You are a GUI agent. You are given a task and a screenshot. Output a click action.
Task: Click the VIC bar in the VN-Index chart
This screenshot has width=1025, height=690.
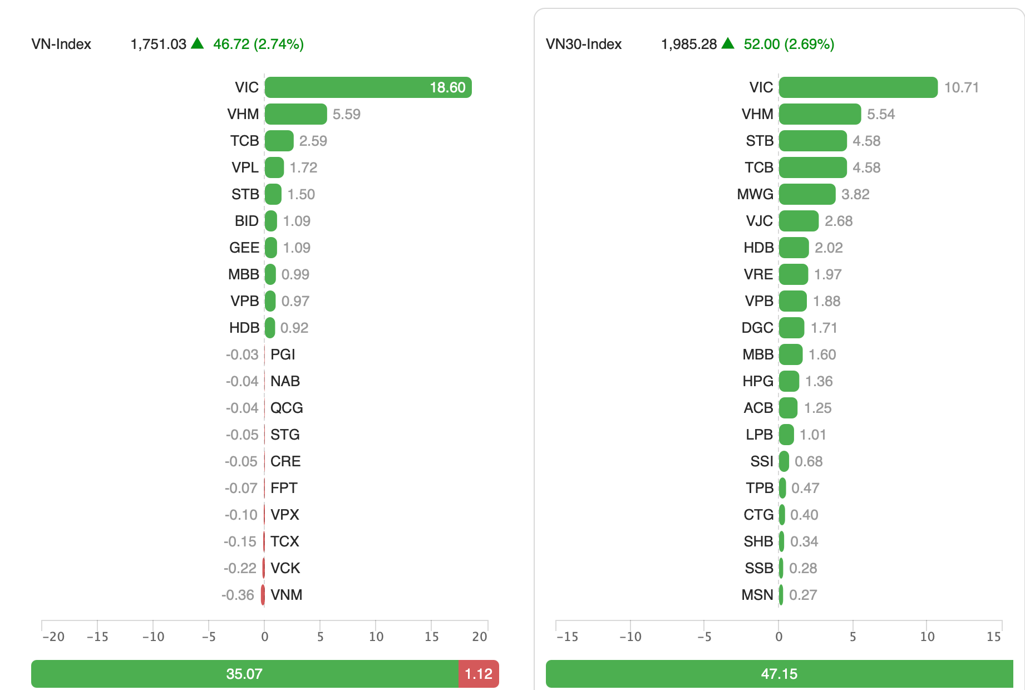click(367, 87)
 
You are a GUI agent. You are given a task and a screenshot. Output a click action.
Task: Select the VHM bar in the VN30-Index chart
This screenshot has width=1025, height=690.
click(820, 114)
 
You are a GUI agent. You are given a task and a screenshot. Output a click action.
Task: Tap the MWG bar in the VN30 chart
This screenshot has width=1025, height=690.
click(807, 194)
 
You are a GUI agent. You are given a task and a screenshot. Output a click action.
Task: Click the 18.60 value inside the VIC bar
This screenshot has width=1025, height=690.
click(447, 87)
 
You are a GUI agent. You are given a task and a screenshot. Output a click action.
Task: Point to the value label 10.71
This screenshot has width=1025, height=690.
click(961, 87)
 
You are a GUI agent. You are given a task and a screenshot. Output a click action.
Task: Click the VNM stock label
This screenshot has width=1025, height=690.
click(286, 595)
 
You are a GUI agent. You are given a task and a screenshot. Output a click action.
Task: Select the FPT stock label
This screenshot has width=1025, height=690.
click(284, 488)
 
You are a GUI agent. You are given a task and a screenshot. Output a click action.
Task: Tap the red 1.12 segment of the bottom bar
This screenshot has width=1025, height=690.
click(479, 674)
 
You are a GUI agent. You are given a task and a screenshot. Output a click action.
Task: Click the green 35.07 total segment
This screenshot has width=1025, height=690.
click(244, 674)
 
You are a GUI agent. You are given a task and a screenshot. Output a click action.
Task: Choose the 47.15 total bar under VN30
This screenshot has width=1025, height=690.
click(779, 674)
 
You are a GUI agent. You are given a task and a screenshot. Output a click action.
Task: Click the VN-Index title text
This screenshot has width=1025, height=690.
click(61, 44)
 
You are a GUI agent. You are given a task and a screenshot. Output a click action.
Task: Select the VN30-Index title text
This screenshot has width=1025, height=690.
click(584, 44)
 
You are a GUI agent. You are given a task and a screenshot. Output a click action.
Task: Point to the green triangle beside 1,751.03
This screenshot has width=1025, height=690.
click(198, 43)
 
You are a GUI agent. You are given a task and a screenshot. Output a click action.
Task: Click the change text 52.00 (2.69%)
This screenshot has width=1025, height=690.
click(789, 44)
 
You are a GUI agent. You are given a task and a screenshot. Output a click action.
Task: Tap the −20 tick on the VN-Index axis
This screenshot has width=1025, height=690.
click(53, 637)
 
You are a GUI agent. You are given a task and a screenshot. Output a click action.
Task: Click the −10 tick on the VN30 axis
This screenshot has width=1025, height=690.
click(630, 637)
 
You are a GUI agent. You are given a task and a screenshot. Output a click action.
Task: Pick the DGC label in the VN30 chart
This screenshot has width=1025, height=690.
click(757, 328)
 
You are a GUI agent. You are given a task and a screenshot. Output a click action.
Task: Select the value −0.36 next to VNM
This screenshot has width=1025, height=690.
click(238, 595)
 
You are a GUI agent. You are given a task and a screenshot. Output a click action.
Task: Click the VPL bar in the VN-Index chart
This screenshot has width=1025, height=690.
click(274, 167)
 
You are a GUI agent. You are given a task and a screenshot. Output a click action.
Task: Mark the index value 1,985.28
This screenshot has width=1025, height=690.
click(689, 44)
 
